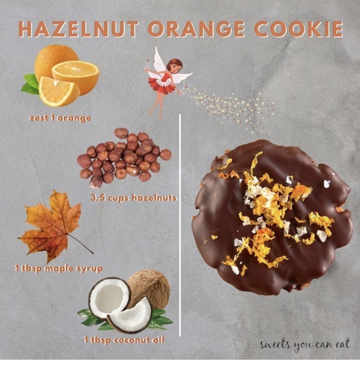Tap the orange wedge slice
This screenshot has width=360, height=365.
point(57,91)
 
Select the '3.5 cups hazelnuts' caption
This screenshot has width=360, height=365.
point(134,197)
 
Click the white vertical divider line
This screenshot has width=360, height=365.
point(180,226)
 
